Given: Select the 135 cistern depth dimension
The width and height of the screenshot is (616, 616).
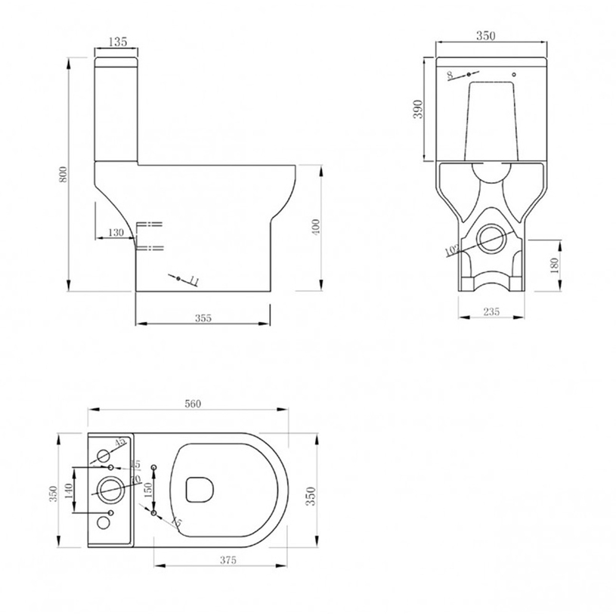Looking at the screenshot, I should tap(116, 42).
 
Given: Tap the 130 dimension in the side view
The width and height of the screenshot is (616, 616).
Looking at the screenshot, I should tap(116, 233).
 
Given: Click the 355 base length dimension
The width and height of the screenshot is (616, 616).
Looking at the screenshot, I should tap(203, 318).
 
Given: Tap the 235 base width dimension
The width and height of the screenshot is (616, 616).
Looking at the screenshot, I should tap(491, 311).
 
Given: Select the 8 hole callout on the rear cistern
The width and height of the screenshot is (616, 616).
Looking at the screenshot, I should tap(450, 74).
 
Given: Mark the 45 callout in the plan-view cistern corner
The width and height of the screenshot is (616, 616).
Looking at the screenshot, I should tap(119, 441).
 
